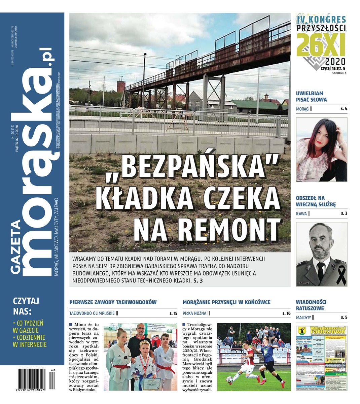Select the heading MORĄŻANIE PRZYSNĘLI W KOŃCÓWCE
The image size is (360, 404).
[x=226, y=302]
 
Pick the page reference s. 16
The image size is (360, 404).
[x=286, y=313]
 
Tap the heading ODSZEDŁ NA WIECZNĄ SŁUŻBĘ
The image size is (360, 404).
[x=316, y=201]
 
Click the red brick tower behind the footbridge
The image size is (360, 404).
[x=121, y=86]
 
